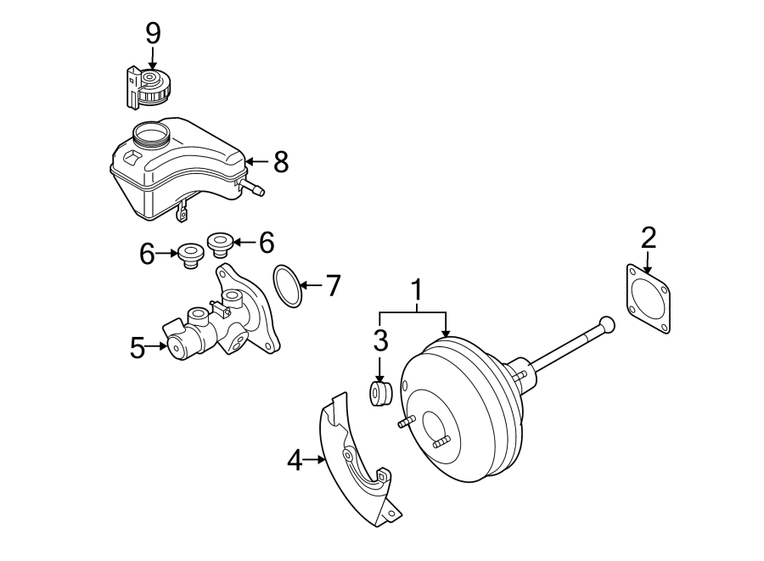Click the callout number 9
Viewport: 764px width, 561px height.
pos(153,33)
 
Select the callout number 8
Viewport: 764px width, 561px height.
pos(280,161)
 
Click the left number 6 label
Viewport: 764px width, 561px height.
pos(148,253)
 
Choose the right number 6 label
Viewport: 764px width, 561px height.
pos(267,244)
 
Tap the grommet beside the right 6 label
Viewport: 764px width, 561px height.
pos(222,244)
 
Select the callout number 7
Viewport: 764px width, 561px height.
pos(333,286)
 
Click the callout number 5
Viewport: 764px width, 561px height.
pos(138,347)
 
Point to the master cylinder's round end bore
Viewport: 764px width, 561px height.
pos(177,346)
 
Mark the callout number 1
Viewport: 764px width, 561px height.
pos(417,291)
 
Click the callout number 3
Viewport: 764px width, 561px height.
pos(380,341)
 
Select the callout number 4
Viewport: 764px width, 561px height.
pos(295,461)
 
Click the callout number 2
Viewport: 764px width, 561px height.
pos(649,238)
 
